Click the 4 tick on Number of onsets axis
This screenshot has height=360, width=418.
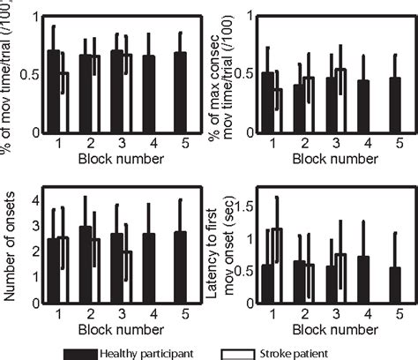pyautogui.click(x=35, y=201)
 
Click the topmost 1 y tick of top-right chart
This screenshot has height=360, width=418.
pyautogui.click(x=246, y=15)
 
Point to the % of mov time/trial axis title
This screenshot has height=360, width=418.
pyautogui.click(x=11, y=71)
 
